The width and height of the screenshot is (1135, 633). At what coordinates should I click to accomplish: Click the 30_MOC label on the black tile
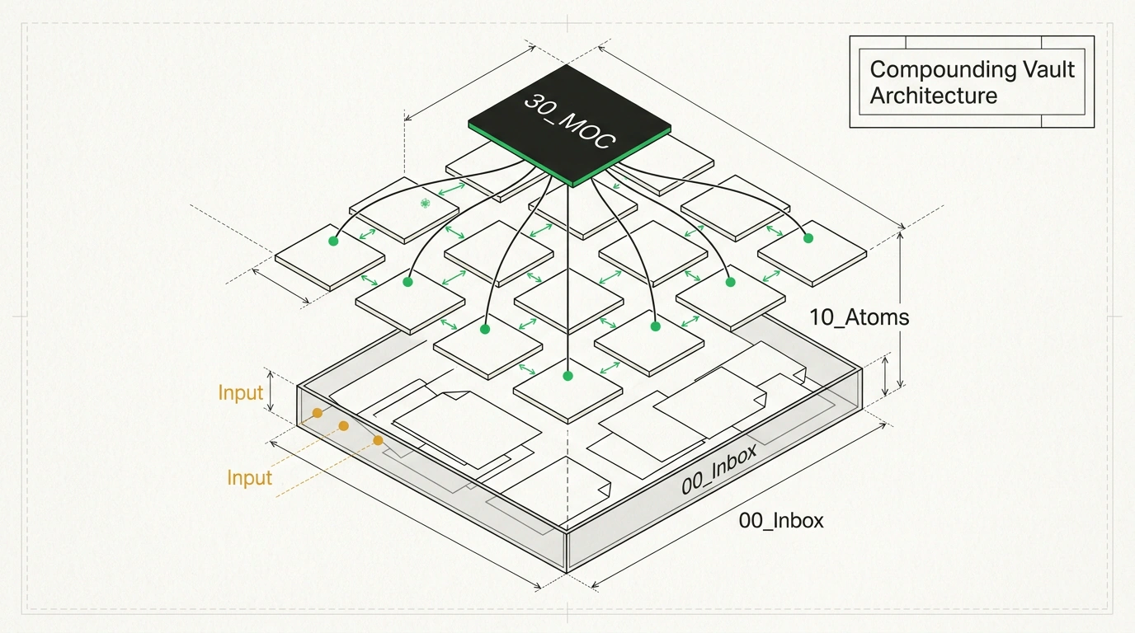click(569, 121)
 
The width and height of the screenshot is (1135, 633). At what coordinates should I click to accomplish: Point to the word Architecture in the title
click(934, 96)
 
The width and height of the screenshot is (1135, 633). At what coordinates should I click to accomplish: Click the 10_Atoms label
click(859, 317)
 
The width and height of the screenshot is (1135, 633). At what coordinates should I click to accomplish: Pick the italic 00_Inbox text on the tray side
click(719, 469)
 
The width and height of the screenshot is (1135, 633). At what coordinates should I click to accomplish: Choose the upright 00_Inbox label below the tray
click(781, 521)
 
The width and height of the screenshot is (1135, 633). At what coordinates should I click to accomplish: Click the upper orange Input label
click(241, 393)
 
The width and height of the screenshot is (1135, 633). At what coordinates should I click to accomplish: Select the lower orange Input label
click(249, 478)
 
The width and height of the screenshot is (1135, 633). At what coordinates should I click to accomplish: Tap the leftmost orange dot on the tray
click(318, 413)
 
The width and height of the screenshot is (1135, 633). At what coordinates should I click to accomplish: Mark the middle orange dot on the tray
click(343, 426)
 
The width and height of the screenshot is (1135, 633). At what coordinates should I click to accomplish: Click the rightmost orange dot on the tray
click(378, 441)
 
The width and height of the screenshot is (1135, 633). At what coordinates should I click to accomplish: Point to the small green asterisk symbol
click(425, 203)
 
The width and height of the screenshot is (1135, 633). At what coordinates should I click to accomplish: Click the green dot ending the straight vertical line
click(568, 376)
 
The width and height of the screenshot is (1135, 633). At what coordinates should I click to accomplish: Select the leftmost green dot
click(333, 241)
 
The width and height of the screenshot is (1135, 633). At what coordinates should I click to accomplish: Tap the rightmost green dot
click(808, 238)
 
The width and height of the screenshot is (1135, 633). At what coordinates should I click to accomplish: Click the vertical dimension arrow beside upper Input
click(271, 392)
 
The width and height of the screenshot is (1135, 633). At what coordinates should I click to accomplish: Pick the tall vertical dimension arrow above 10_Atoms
click(901, 310)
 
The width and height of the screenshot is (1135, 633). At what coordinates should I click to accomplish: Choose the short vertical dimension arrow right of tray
click(885, 376)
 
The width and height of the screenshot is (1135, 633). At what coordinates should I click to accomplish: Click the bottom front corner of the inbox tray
click(567, 572)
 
